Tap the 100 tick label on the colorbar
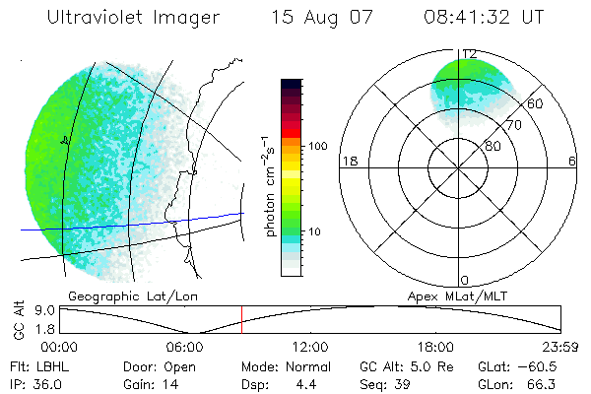pos(316,146)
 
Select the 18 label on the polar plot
pos(348,161)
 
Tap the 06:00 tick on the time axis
pos(184,347)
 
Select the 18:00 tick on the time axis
pos(435,347)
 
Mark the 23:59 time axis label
pos(560,347)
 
